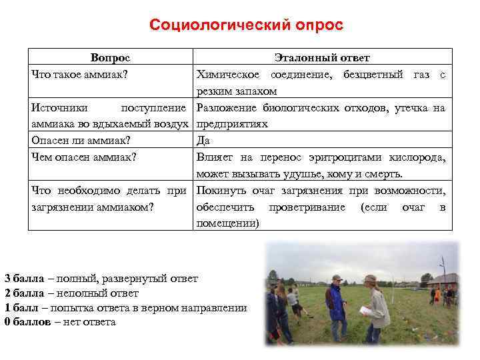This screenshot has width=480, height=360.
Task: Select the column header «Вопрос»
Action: (110, 58)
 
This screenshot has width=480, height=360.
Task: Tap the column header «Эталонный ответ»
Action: (322, 58)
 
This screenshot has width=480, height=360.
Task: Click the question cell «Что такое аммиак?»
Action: (81, 73)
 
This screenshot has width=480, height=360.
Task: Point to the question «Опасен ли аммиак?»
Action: (81, 141)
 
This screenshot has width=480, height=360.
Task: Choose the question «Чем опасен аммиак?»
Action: (84, 157)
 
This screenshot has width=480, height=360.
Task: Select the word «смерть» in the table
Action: (385, 174)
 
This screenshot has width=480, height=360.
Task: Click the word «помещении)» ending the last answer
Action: (227, 223)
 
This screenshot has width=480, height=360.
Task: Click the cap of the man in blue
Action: (337, 278)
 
